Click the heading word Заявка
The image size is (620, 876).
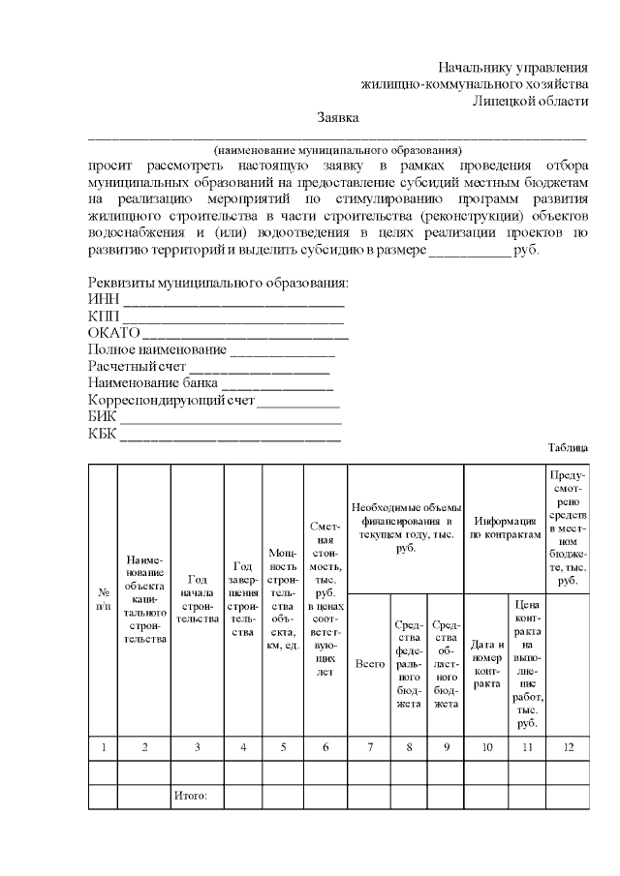point(338,118)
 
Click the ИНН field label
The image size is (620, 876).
point(102,299)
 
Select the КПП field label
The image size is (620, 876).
point(103,316)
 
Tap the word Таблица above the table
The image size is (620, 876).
point(568,447)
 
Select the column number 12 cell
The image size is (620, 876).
point(567,746)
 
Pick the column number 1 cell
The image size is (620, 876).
point(103,746)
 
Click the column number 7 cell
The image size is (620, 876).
point(368,746)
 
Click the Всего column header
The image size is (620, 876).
point(368,664)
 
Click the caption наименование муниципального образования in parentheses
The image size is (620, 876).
point(337,151)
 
